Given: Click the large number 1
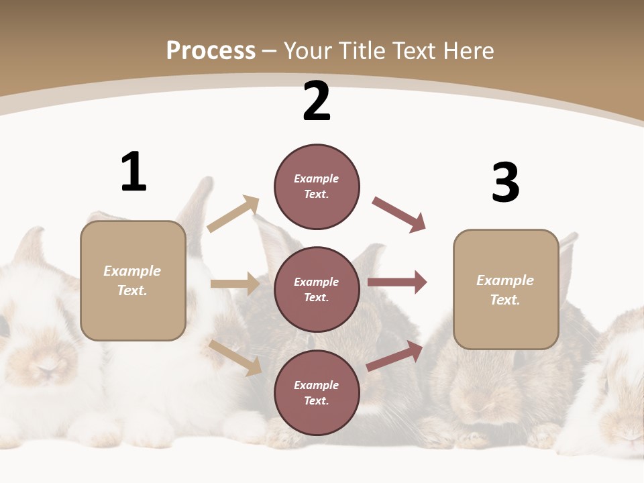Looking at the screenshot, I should [133, 172].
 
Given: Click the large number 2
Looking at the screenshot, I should [317, 102].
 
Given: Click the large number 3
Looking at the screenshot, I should [505, 182].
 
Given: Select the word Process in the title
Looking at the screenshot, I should [211, 50].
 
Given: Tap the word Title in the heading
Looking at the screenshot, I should [361, 50].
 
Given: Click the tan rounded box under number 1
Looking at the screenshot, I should [133, 280].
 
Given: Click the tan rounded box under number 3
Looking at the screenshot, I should [506, 289].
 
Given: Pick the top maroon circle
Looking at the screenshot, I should [317, 186].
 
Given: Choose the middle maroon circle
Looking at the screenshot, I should [317, 289].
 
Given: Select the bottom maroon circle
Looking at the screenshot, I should [317, 392].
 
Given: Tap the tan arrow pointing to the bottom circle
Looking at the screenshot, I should [235, 358].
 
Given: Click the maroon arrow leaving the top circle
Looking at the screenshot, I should [399, 215].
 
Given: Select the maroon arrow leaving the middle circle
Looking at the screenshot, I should [397, 282].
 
